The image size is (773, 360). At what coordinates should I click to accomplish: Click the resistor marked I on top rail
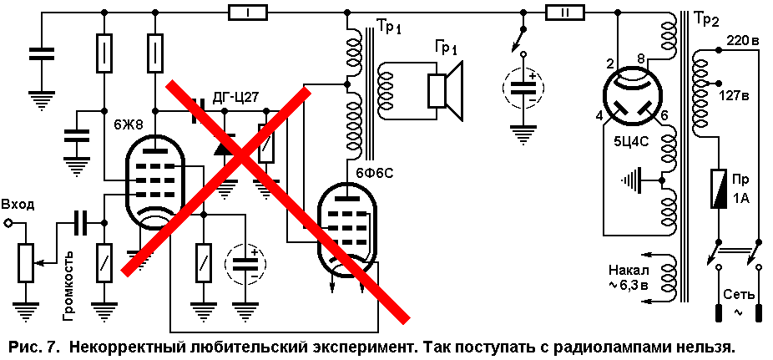click(247, 13)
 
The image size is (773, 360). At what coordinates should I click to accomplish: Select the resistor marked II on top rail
click(565, 13)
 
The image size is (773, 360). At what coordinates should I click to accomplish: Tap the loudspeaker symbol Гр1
click(446, 90)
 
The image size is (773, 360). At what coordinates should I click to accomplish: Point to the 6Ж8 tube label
click(129, 125)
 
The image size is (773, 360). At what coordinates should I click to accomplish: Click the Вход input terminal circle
click(8, 223)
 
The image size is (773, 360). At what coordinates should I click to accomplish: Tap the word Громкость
click(69, 285)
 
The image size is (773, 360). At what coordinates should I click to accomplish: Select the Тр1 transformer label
click(389, 27)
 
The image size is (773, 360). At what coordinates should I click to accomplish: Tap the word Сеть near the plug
click(739, 294)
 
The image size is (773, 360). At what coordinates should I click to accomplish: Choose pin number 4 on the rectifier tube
click(599, 116)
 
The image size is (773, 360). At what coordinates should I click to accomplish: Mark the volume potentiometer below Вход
click(25, 263)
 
